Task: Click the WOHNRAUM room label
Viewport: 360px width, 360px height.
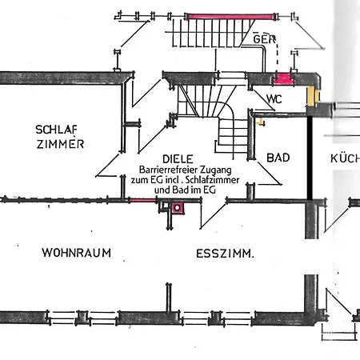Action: click(77, 253)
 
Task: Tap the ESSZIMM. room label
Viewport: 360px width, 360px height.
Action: click(225, 254)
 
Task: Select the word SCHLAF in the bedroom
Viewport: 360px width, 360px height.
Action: click(56, 130)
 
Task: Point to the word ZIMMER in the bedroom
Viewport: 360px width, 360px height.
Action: click(60, 144)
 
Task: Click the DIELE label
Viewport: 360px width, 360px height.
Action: click(178, 159)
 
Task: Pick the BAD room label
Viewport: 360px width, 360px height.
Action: click(278, 158)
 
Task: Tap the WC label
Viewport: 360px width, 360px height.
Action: click(274, 99)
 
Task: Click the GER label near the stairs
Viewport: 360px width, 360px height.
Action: click(264, 39)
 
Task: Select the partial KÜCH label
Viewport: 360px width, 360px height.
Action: click(346, 158)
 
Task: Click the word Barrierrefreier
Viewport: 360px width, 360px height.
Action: click(169, 170)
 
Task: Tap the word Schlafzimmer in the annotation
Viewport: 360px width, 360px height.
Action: click(212, 180)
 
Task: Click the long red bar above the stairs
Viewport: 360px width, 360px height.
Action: click(230, 17)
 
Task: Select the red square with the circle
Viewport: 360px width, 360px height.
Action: click(178, 208)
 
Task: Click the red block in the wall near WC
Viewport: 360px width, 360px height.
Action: click(282, 79)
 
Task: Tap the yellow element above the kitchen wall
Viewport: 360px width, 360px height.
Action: click(313, 95)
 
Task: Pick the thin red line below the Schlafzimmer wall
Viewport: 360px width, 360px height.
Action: click(142, 200)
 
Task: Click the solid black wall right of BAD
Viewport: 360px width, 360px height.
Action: click(310, 158)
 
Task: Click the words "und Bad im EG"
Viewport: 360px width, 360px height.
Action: click(185, 190)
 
